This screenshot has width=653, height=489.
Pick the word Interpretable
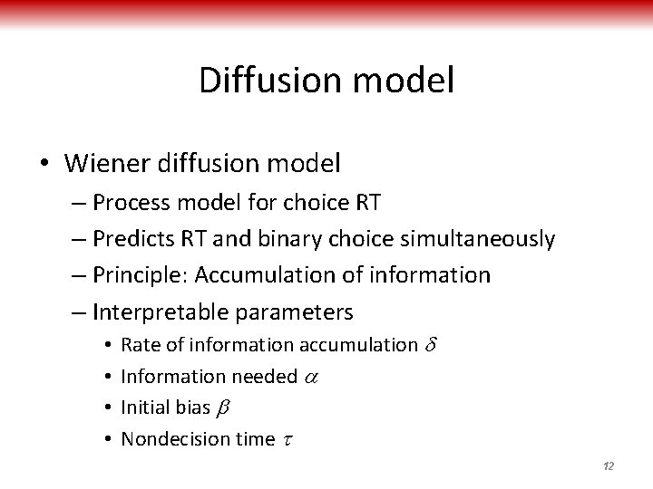[161, 312]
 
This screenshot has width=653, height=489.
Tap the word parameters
[294, 312]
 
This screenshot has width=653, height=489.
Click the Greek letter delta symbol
[431, 344]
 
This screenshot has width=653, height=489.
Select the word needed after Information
[265, 376]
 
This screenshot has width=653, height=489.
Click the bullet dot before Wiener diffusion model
[44, 165]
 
